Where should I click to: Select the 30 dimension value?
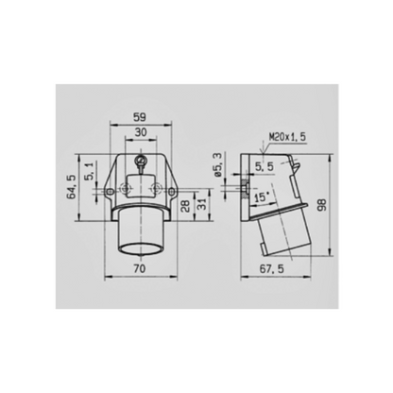pos(140,134)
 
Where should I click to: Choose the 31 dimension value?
pos(199,204)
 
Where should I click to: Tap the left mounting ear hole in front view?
pos(110,193)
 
